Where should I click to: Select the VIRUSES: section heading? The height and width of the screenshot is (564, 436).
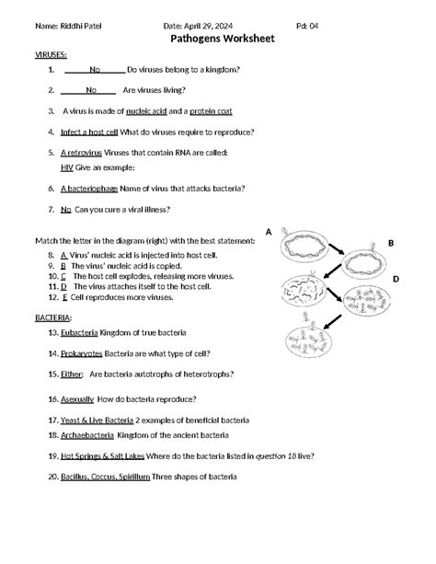click(x=51, y=55)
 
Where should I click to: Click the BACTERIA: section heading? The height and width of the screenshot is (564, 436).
click(x=53, y=317)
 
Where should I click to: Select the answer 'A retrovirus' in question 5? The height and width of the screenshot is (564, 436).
click(x=81, y=152)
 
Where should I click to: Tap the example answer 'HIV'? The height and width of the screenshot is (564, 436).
click(x=67, y=167)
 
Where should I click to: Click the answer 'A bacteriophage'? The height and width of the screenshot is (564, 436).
click(x=89, y=188)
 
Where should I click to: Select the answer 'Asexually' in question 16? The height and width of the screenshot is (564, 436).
click(x=77, y=399)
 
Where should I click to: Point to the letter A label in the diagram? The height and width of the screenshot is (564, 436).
click(x=269, y=232)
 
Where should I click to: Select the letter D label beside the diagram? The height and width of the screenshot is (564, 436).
click(x=396, y=278)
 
